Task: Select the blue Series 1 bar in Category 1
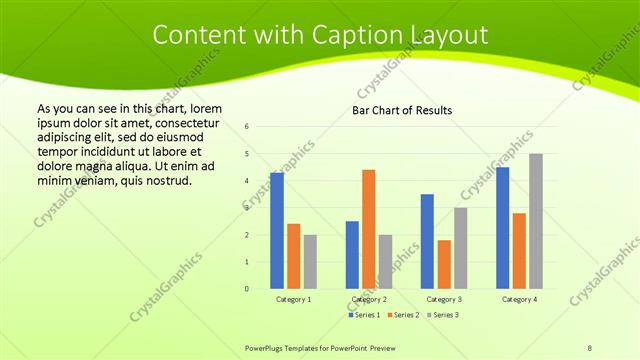pos(277,231)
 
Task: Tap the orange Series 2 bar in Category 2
pos(368,229)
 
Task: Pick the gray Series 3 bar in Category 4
pos(536,221)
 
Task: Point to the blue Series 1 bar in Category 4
pos(502,228)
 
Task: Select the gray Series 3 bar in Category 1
pos(310,262)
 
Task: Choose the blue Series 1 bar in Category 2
pos(352,255)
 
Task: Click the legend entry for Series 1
pos(364,314)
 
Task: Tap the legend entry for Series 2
pos(402,314)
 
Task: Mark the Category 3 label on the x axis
pos(444,299)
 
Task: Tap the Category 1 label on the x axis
pos(293,299)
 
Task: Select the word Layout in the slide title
pos(447,35)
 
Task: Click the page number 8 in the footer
pos(589,347)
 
